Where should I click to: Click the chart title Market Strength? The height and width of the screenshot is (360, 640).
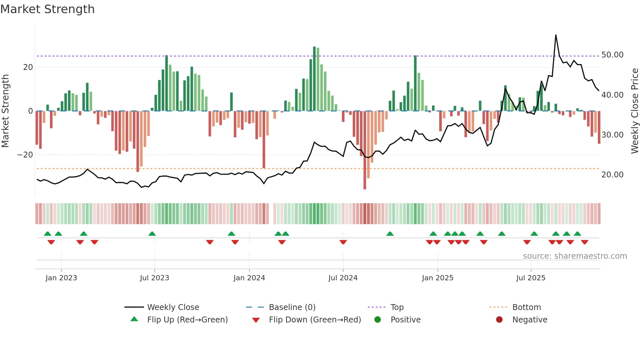tap(47, 9)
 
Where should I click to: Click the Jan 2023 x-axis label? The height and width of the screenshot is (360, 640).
tap(61, 278)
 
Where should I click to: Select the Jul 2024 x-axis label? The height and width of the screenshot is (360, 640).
tap(343, 278)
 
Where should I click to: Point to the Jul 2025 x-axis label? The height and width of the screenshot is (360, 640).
tap(531, 278)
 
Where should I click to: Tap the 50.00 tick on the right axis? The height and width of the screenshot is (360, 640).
tap(612, 55)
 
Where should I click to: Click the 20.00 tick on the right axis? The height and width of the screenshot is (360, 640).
tap(612, 175)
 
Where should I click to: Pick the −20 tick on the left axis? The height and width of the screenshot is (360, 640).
tap(25, 155)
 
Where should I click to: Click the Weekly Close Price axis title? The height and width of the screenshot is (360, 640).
tap(634, 111)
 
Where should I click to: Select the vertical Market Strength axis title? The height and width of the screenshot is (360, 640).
tap(5, 111)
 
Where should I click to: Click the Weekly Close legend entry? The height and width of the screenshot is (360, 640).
tap(173, 307)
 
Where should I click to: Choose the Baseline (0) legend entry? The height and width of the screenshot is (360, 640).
tap(292, 307)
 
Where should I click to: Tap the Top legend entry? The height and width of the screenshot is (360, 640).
tap(397, 307)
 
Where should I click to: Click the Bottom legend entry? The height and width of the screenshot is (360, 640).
tap(526, 307)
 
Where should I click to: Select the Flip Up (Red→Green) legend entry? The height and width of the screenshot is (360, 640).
tap(187, 320)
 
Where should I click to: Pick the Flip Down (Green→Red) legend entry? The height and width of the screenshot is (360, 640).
tap(315, 320)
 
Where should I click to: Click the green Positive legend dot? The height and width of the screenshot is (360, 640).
tap(378, 320)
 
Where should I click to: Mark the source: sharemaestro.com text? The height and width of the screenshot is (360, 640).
tap(575, 256)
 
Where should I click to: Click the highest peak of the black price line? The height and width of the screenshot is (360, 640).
tap(556, 35)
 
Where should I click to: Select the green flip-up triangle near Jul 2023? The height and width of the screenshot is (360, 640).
tap(152, 234)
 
